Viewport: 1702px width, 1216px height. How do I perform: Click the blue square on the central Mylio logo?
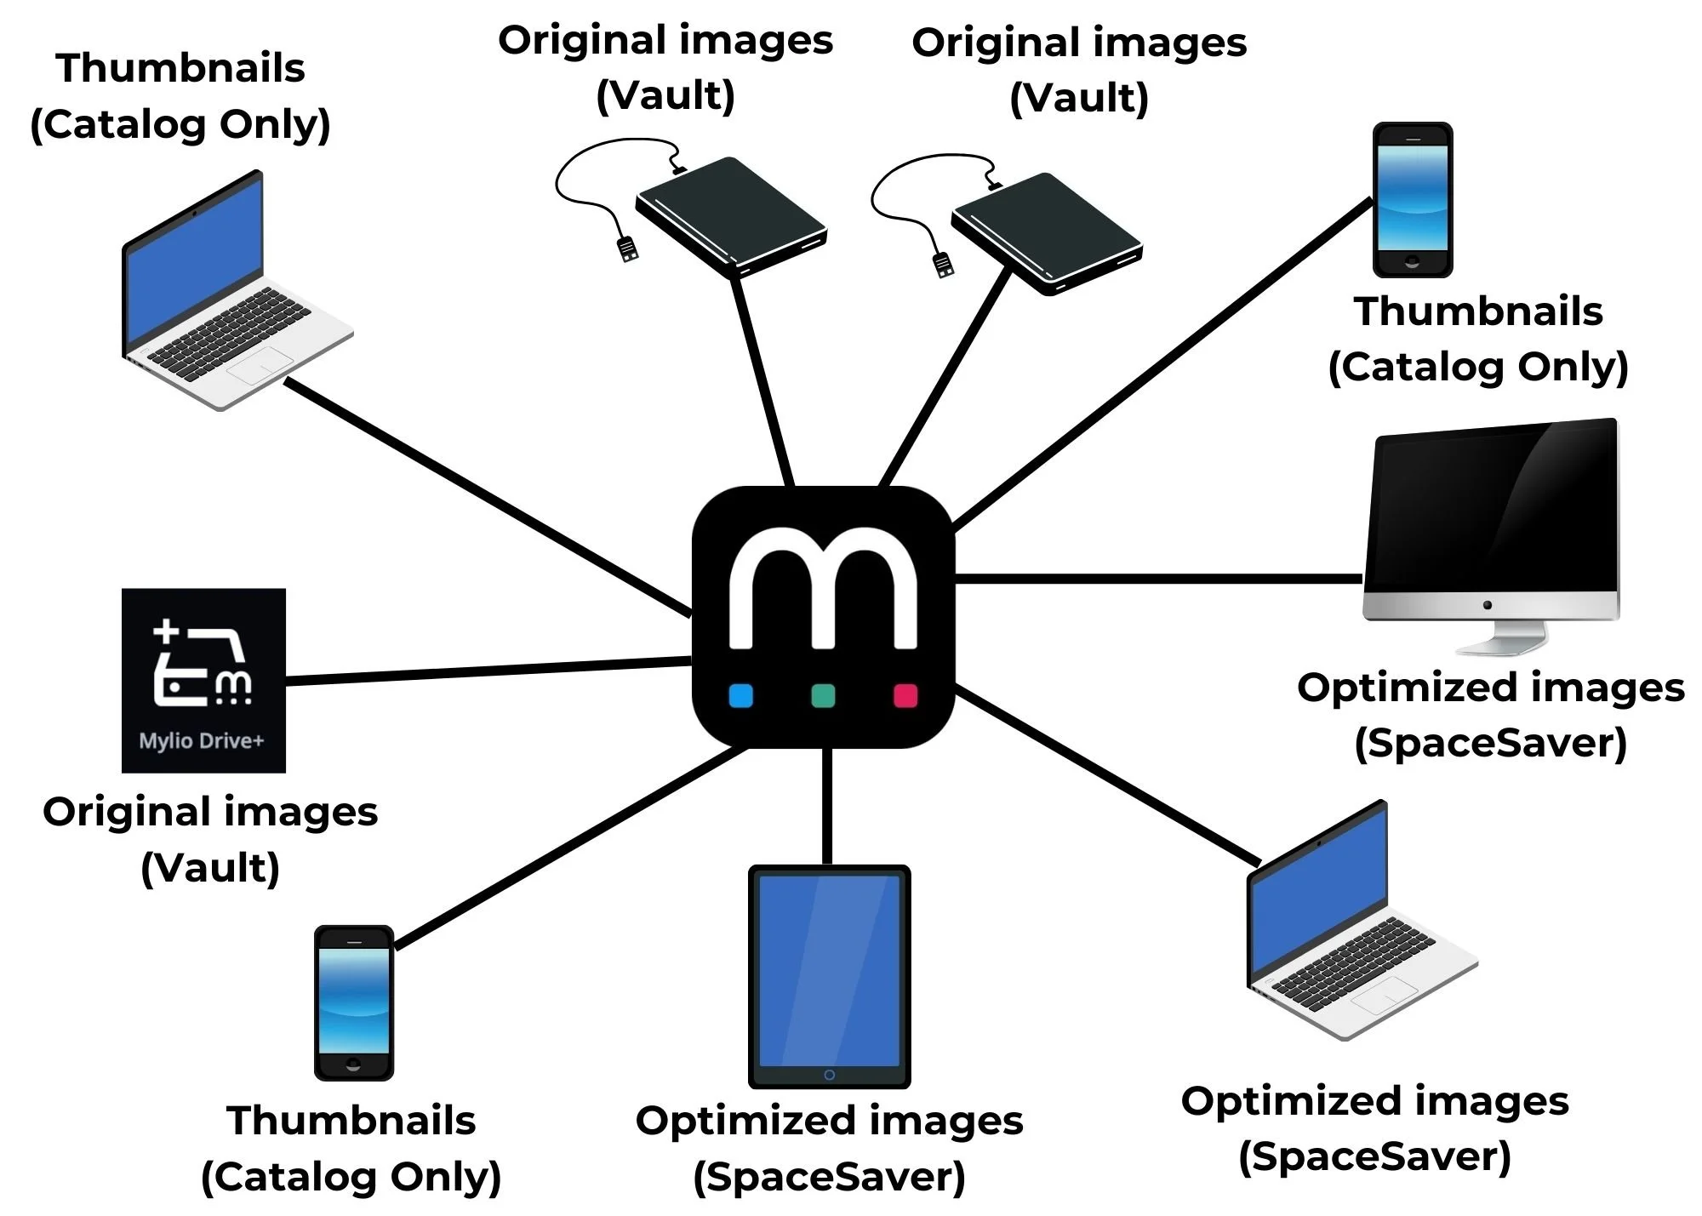(x=741, y=695)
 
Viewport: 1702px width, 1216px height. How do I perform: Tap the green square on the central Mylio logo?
(x=823, y=695)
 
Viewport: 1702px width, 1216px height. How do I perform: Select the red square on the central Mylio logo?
(x=905, y=695)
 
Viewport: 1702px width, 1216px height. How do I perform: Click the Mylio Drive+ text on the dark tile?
(x=202, y=741)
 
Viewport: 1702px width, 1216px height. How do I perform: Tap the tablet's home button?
(x=830, y=1075)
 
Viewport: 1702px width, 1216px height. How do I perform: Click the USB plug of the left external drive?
(x=628, y=249)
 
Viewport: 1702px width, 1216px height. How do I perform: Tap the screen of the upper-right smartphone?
(x=1413, y=198)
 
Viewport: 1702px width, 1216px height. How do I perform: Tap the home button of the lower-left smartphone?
(x=354, y=1065)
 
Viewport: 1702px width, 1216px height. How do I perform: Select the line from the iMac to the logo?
(x=1157, y=579)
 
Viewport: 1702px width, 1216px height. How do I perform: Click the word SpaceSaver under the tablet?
(x=830, y=1178)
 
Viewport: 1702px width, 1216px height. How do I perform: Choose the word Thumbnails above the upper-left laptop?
(x=180, y=68)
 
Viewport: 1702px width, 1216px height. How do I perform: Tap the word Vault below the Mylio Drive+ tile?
(x=210, y=869)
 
